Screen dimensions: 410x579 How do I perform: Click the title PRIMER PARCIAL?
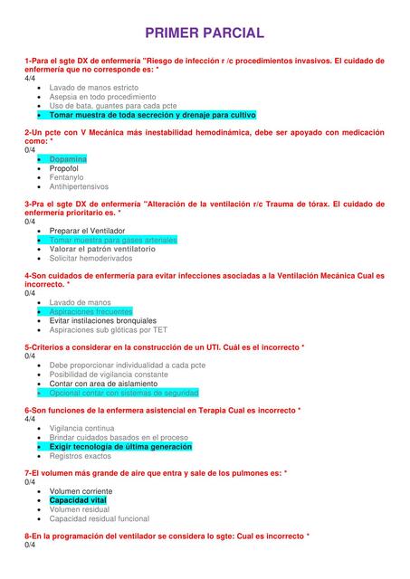205,33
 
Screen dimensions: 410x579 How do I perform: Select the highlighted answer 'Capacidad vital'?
78,500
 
